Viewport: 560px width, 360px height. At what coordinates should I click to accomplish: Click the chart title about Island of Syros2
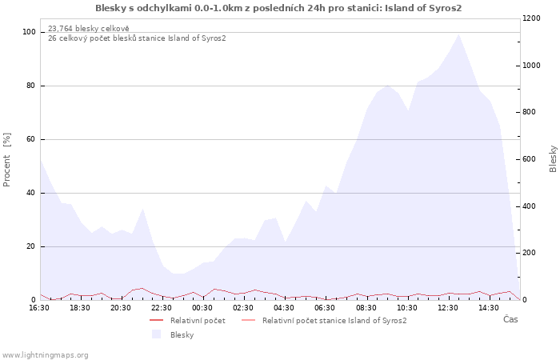pos(278,8)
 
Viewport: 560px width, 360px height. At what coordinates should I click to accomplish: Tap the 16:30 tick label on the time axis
pos(39,308)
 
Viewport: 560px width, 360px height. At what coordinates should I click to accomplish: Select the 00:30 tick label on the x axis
pos(202,308)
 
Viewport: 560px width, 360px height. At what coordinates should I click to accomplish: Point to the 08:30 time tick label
pos(366,308)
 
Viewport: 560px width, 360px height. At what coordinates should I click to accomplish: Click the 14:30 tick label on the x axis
pos(489,308)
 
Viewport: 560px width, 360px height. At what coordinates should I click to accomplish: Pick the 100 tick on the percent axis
pos(29,32)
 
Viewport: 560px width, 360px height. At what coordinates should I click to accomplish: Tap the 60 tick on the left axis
pos(30,139)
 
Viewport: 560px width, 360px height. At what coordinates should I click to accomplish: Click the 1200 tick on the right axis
pos(531,18)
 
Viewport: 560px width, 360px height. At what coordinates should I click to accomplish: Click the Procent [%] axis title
pos(6,160)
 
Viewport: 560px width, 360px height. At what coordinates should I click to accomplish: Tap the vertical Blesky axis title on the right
pos(553,159)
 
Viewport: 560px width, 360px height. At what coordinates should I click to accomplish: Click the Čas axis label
pos(510,319)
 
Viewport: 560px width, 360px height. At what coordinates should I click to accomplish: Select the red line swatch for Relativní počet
pos(157,320)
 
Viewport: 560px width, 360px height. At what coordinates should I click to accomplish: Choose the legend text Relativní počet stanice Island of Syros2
pos(334,321)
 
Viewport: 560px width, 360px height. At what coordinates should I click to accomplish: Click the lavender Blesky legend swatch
pos(157,334)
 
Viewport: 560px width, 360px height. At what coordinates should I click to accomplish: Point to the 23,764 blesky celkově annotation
pos(89,29)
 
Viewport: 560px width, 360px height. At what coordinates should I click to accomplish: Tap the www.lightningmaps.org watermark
pos(44,355)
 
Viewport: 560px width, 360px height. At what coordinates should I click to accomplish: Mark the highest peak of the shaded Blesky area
pos(458,34)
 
